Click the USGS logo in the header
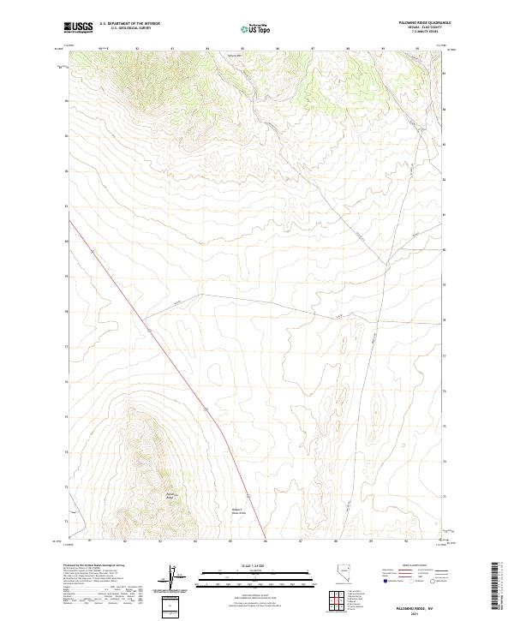79,28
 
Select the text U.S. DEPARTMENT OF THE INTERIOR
129,25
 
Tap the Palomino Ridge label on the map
170,495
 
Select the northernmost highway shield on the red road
149,329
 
